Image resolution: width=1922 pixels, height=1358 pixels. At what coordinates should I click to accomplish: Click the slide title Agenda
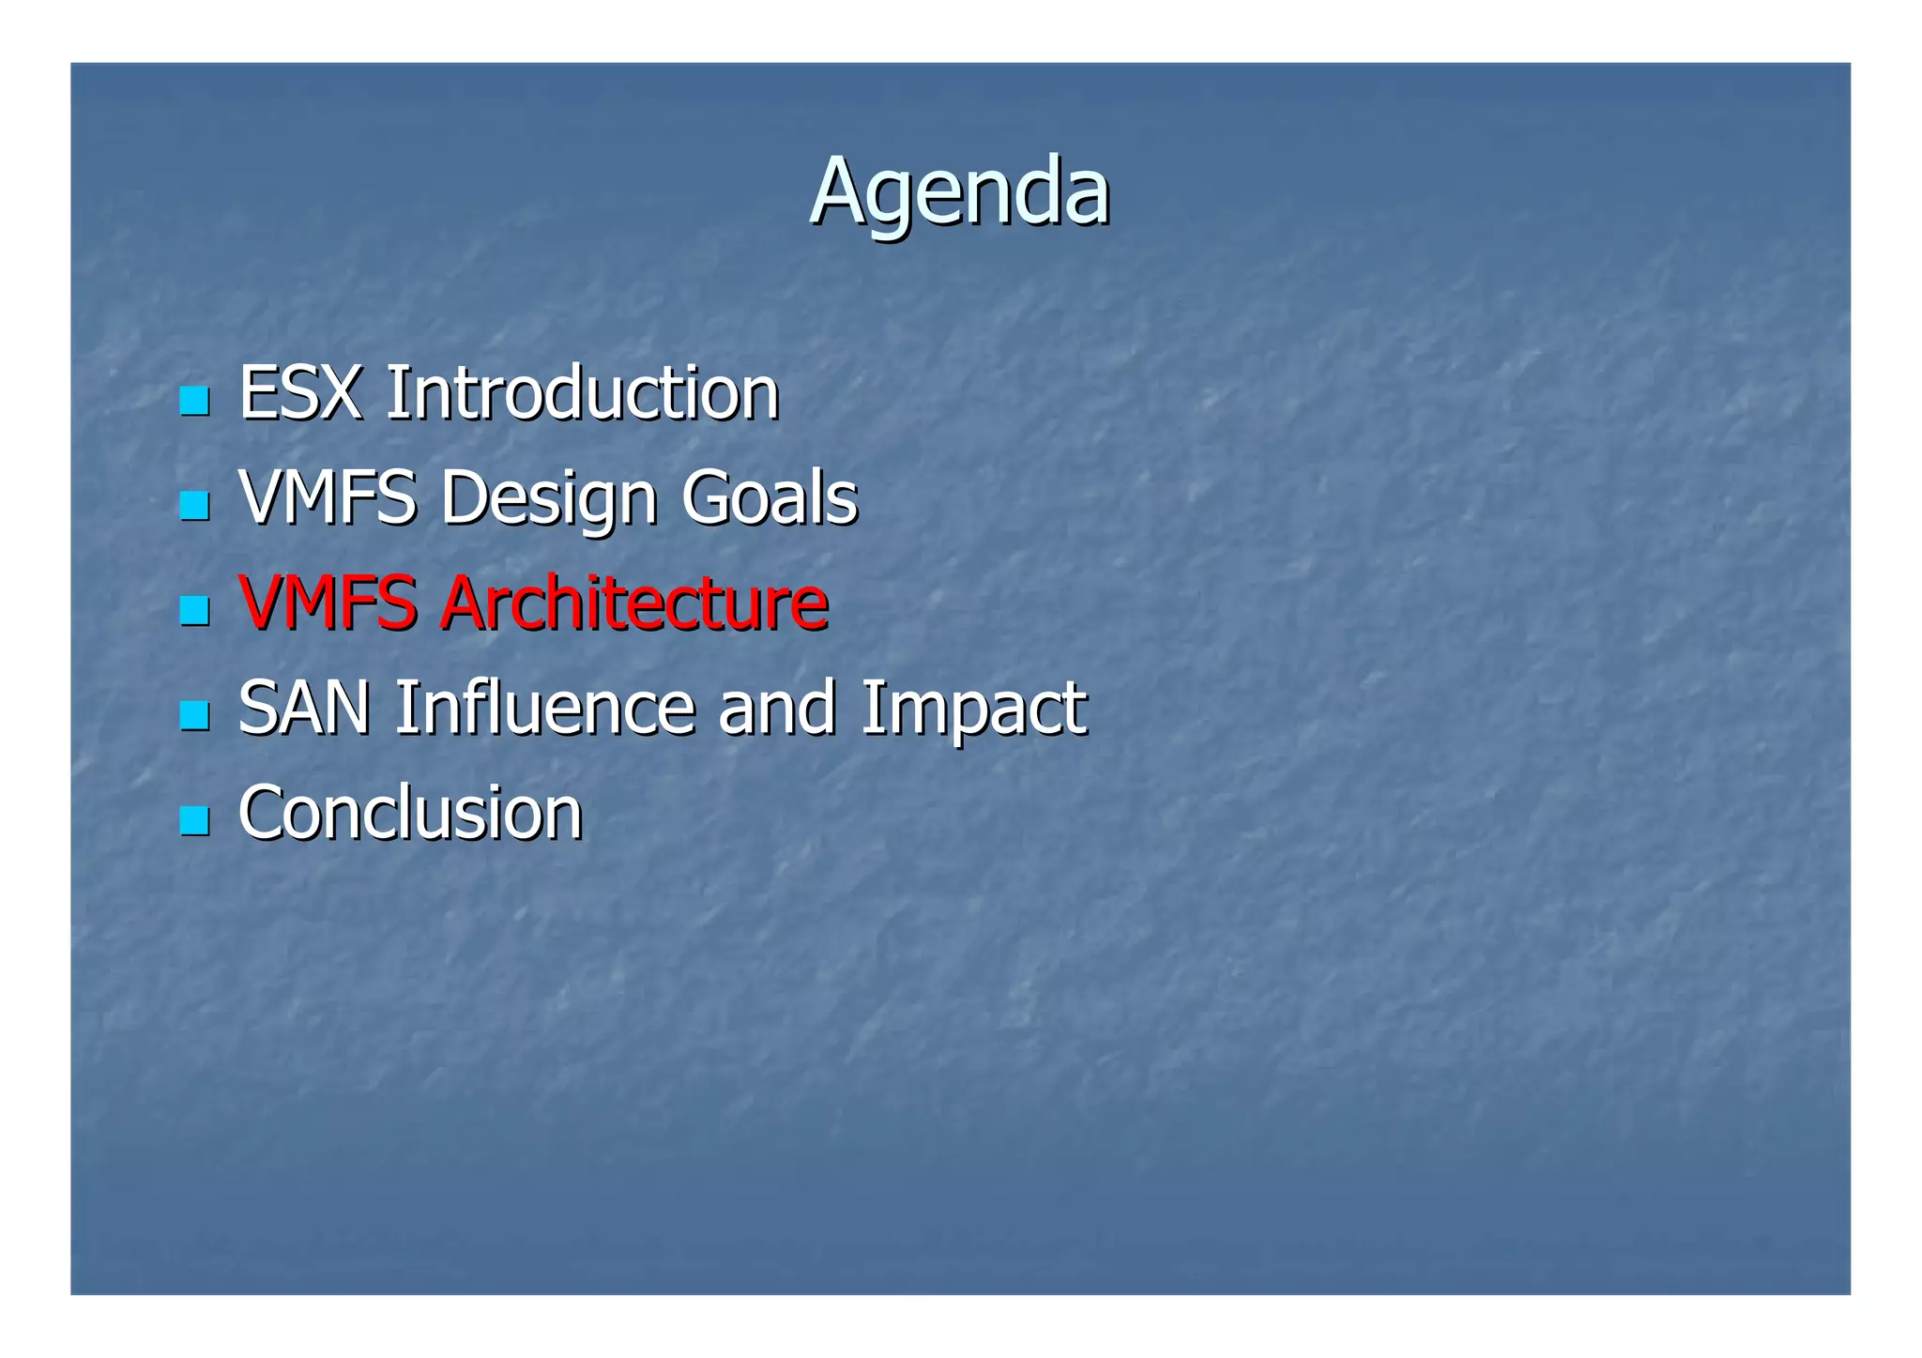(x=959, y=192)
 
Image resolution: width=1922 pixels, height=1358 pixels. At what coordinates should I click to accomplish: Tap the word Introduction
(x=582, y=392)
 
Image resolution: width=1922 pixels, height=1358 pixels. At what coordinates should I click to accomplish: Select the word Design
(x=548, y=498)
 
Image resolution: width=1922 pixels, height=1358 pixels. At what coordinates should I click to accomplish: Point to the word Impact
(x=972, y=709)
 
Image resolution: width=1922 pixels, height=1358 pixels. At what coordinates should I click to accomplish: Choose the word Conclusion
(x=410, y=812)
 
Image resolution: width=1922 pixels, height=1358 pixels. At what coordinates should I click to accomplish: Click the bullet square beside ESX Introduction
(x=194, y=402)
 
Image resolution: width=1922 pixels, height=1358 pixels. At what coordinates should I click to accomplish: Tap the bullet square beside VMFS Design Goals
(x=194, y=507)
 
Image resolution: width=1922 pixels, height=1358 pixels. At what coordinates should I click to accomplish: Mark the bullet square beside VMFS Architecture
(x=194, y=612)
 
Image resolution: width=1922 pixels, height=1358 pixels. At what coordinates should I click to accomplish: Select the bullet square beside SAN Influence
(x=194, y=717)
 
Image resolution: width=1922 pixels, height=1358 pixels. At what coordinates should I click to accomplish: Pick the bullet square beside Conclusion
(x=194, y=822)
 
